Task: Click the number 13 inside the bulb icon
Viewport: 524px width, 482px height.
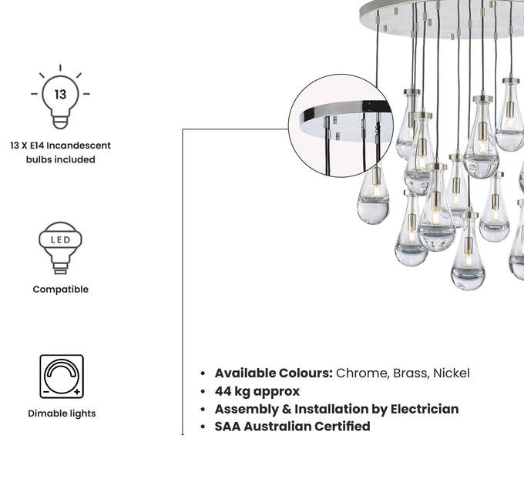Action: click(x=60, y=95)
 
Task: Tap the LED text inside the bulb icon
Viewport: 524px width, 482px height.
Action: click(x=60, y=239)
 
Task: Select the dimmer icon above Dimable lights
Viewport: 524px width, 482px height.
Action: click(x=62, y=377)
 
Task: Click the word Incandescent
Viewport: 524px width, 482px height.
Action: click(x=79, y=146)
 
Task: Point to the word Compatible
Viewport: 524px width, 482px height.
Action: click(x=60, y=290)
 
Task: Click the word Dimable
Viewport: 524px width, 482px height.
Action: click(x=45, y=413)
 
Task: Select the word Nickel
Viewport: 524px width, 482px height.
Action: click(x=452, y=373)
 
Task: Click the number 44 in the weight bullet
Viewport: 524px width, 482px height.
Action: click(x=223, y=391)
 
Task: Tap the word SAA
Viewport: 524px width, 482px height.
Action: click(x=227, y=427)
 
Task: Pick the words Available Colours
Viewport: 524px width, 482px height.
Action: click(x=274, y=373)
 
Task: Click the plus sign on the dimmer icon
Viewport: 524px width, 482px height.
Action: click(x=77, y=392)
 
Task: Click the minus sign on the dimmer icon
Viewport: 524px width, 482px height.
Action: click(x=46, y=392)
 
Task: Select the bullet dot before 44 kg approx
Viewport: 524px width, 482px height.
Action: click(x=203, y=391)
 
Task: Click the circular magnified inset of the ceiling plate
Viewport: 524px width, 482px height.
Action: click(x=341, y=126)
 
